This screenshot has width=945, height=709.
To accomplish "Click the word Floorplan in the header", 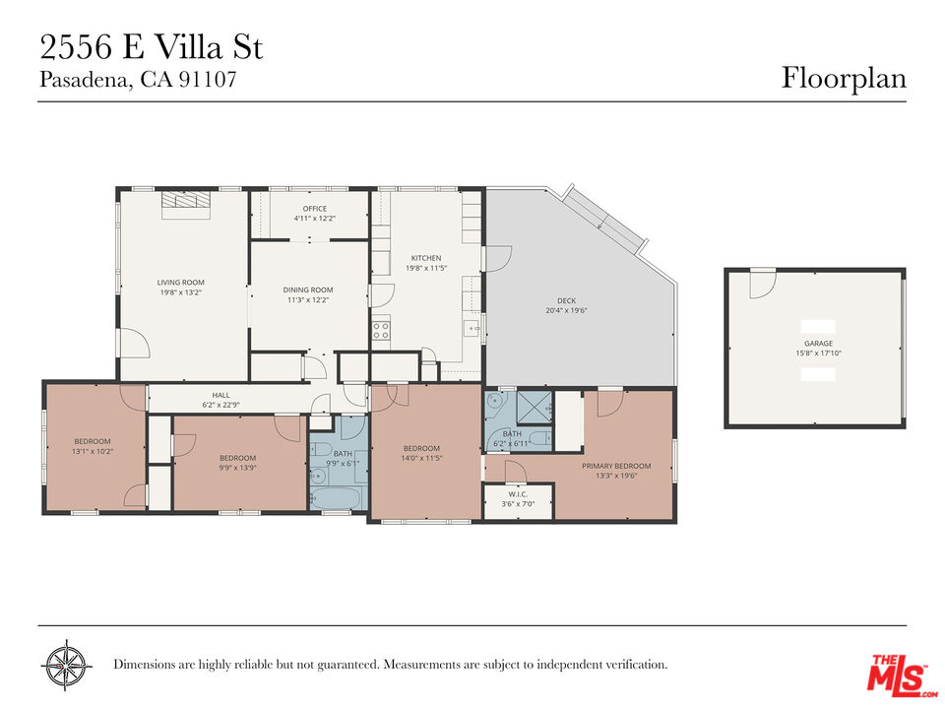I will tap(844, 78).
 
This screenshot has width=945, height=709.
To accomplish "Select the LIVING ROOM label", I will tap(180, 283).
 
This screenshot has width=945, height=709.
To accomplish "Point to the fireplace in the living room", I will tap(186, 199).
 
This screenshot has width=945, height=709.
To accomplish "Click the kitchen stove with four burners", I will tap(381, 331).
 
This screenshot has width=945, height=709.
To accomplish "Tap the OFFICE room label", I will tap(315, 209).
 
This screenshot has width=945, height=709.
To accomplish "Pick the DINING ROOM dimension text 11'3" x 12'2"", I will tap(308, 300).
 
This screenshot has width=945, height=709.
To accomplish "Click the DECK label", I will tap(566, 300).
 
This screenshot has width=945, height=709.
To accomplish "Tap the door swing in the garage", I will tap(761, 285).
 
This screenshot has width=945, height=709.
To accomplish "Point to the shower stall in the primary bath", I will tap(535, 404).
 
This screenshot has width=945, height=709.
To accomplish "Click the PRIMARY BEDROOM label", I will tap(616, 466).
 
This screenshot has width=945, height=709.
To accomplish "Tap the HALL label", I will tap(220, 395).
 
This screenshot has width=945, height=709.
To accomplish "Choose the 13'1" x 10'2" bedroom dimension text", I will tap(94, 451).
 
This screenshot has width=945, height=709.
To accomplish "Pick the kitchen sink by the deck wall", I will tap(473, 328).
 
